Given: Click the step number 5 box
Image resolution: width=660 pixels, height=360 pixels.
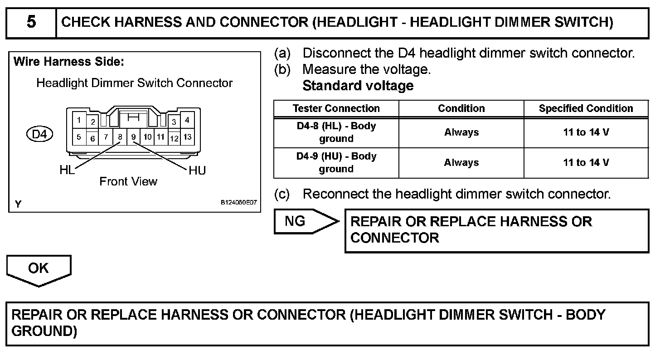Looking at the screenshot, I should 31,23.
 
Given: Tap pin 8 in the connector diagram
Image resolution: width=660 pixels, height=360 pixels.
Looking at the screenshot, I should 120,136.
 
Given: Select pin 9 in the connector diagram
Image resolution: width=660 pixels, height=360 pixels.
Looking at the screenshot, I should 133,136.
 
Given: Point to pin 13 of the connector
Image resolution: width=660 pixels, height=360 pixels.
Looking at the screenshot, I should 187,136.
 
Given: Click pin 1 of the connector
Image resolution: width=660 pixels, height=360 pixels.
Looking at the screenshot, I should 79,120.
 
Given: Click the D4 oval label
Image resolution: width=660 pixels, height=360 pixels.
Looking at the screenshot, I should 40,134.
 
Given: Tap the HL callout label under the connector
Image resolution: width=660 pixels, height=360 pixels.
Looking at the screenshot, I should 67,170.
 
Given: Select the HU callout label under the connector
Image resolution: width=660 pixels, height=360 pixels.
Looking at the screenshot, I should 197,170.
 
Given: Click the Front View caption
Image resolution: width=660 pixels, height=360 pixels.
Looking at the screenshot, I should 128,182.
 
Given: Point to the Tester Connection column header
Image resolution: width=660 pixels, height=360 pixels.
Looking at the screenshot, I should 336,108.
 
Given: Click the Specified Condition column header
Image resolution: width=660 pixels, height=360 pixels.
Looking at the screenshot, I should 586,108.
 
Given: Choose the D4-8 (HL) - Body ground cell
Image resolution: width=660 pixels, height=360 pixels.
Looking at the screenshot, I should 336,132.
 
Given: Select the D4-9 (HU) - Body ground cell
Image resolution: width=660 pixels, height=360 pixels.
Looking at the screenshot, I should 336,162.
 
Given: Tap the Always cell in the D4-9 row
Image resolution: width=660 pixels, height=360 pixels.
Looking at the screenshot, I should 461,162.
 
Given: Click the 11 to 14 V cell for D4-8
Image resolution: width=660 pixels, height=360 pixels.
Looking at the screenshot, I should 586,132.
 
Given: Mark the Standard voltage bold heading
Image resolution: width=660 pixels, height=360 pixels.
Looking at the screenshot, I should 358,86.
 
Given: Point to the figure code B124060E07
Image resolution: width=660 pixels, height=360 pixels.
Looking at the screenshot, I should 238,203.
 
